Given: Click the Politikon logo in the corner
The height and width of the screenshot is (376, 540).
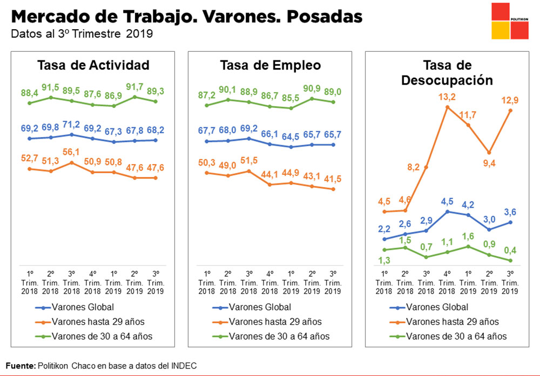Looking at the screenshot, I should click(x=510, y=21).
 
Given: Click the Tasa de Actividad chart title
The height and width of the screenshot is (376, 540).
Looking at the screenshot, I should click(x=93, y=66).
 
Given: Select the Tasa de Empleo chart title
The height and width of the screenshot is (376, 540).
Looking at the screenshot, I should click(x=270, y=66).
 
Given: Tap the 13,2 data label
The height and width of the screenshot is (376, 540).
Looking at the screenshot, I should click(x=447, y=97).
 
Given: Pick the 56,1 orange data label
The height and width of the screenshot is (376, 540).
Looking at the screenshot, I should click(x=72, y=152).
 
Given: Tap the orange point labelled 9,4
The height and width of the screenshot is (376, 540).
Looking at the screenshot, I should click(x=489, y=153).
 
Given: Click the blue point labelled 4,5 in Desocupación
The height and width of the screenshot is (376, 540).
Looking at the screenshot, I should click(x=447, y=211).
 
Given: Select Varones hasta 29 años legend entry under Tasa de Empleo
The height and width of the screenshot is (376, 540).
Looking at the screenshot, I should click(x=275, y=322).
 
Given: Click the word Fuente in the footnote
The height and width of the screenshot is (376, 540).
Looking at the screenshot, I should click(x=20, y=366).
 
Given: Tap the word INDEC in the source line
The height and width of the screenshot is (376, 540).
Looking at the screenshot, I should click(x=184, y=366).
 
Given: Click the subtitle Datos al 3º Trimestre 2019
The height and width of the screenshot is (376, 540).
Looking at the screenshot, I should click(x=82, y=34).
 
